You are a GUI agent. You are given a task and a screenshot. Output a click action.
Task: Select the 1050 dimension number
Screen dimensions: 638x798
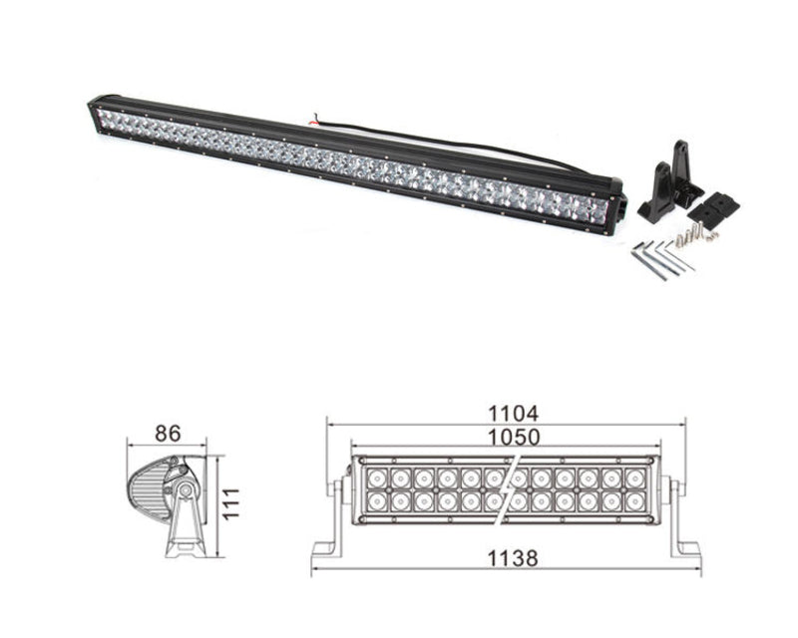(513, 437)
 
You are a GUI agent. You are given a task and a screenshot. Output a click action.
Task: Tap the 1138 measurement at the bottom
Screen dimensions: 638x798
(513, 559)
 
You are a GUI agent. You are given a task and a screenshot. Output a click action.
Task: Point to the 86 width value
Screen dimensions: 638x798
(167, 433)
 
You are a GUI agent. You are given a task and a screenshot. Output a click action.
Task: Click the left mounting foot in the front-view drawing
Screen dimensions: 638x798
(330, 528)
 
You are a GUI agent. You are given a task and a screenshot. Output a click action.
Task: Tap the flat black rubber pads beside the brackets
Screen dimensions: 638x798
(718, 206)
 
